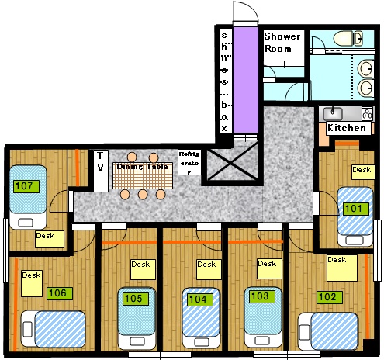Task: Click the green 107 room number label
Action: [x=26, y=186]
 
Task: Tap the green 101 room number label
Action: [x=356, y=209]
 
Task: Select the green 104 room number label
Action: [x=198, y=299]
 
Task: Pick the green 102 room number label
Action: [x=330, y=297]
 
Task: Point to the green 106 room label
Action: [x=60, y=293]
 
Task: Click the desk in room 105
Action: [x=143, y=269]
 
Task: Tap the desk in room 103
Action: [x=269, y=268]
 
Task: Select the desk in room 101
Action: [x=363, y=172]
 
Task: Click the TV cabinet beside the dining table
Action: [x=101, y=171]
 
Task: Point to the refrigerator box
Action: [x=189, y=162]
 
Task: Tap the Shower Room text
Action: [x=282, y=43]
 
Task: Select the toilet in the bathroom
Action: [x=348, y=38]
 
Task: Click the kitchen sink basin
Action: [x=333, y=113]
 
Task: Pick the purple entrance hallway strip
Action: [x=246, y=80]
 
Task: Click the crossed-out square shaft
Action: [x=233, y=164]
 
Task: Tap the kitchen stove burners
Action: [x=367, y=113]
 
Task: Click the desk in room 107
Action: [x=50, y=239]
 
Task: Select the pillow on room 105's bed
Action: [x=137, y=341]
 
